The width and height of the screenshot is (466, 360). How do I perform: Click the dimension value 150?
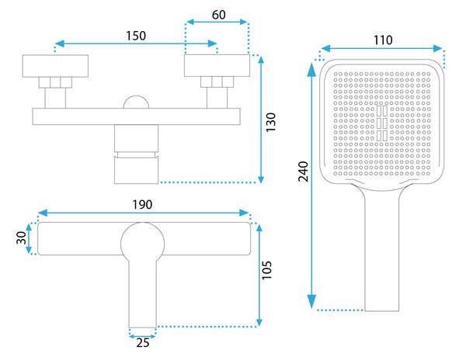click(136, 36)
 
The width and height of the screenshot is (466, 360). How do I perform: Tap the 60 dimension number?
click(219, 15)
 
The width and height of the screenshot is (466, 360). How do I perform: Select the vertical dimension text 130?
click(271, 123)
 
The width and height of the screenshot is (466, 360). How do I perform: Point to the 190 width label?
click(142, 205)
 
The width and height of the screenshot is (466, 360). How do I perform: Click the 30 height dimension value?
click(22, 237)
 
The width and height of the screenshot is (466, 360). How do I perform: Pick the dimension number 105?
click(266, 270)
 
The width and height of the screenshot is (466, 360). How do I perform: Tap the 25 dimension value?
click(143, 343)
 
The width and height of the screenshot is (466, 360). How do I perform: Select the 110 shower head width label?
click(383, 40)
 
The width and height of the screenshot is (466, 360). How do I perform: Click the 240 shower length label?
click(304, 171)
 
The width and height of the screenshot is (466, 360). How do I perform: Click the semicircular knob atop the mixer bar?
click(136, 102)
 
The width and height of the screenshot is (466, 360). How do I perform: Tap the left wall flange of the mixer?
click(55, 66)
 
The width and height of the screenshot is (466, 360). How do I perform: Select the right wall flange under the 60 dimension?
click(217, 66)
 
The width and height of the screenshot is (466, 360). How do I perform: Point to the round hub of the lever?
click(143, 244)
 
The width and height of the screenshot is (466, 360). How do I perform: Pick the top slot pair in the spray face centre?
click(382, 111)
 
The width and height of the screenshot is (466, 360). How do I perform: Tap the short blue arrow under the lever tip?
click(143, 337)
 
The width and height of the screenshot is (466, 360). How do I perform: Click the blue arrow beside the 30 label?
click(29, 239)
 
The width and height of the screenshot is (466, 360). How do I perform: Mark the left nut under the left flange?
click(44, 82)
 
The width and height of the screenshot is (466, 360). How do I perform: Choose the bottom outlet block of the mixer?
click(137, 170)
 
